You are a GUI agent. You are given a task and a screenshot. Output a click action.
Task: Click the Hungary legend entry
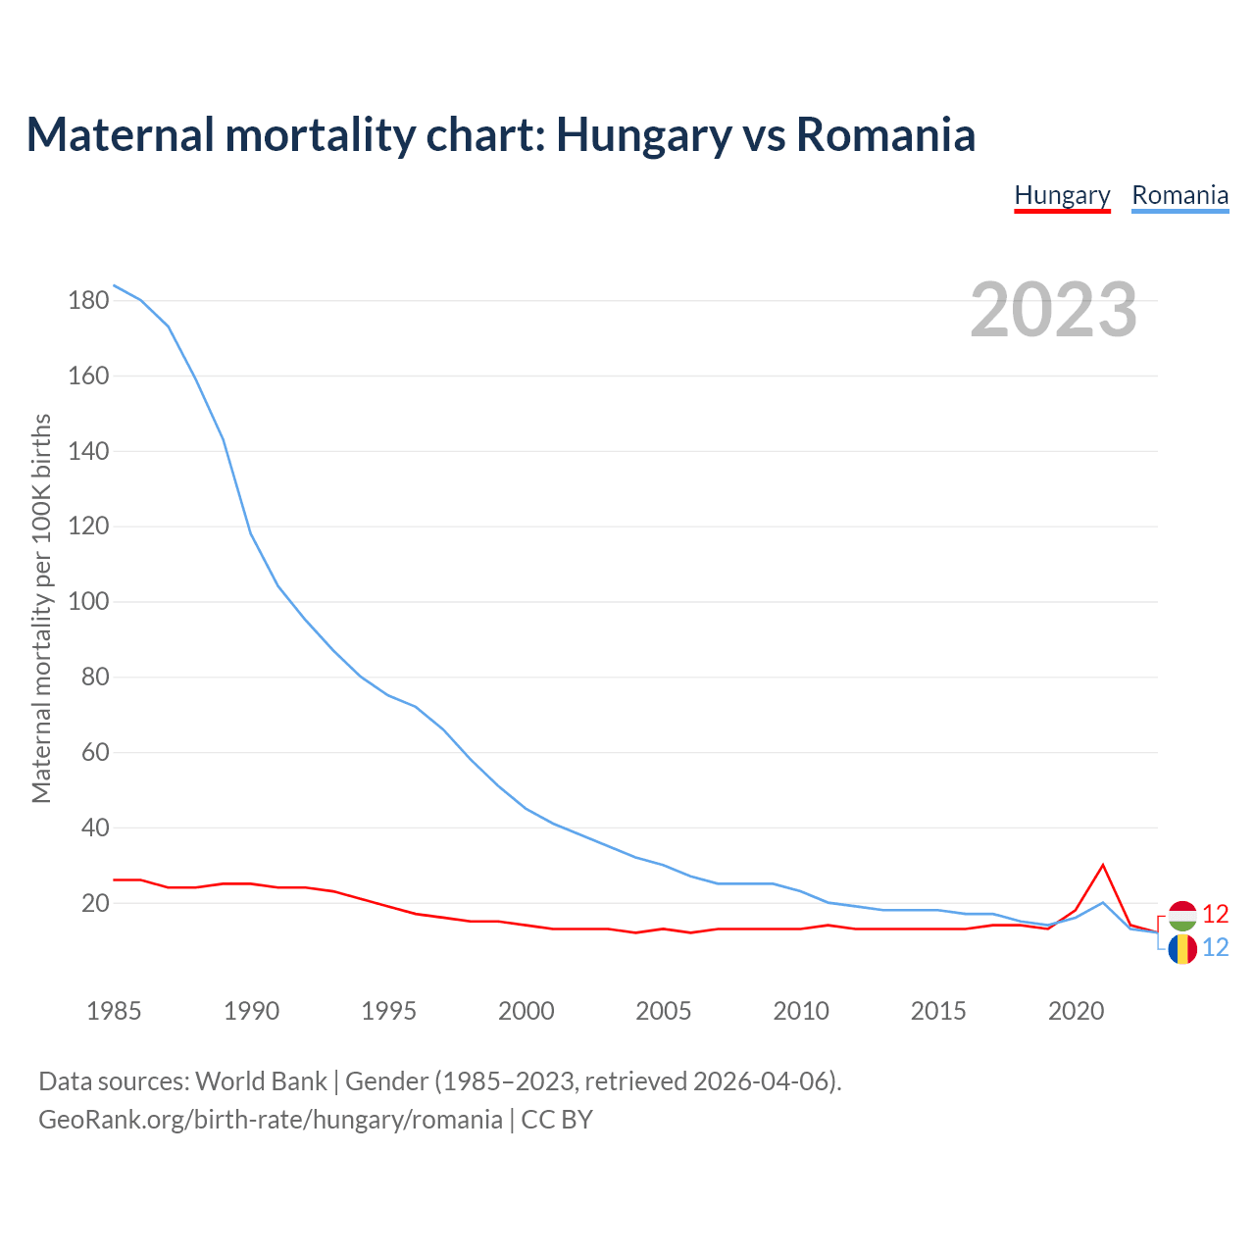tap(1062, 195)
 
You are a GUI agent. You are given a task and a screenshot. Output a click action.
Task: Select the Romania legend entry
tap(1180, 195)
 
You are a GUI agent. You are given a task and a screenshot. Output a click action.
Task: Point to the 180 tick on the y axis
tap(88, 300)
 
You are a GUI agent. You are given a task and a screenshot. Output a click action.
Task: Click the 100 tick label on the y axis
tap(88, 601)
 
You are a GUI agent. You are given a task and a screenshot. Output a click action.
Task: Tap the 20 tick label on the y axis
tap(94, 903)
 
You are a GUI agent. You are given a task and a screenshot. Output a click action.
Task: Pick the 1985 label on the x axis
tap(114, 1011)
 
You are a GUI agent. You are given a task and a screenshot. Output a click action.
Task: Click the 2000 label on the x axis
tap(526, 1011)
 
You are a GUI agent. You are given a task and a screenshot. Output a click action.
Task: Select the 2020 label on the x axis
tap(1076, 1011)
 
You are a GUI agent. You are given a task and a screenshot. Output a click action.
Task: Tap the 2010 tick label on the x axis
tap(801, 1011)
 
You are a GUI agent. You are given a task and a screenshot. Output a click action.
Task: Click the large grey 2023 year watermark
tap(1054, 310)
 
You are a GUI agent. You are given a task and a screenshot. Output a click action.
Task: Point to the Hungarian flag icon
tap(1182, 916)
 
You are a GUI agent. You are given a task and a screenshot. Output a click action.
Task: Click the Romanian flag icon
tap(1182, 948)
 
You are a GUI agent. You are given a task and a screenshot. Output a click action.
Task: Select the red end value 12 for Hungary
tap(1216, 915)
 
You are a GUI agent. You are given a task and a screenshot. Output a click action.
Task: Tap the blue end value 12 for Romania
tap(1216, 948)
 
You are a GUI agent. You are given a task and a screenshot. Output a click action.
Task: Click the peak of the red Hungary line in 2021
tap(1103, 865)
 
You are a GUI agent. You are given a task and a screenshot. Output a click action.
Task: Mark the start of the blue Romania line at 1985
tap(115, 285)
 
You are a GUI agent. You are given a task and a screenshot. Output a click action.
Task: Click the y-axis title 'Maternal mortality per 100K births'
tap(41, 608)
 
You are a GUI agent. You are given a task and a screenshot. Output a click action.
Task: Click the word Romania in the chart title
tap(885, 134)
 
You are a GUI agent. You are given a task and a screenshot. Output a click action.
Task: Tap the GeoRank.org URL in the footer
tap(270, 1119)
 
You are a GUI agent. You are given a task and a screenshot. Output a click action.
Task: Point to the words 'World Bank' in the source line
tap(261, 1081)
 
